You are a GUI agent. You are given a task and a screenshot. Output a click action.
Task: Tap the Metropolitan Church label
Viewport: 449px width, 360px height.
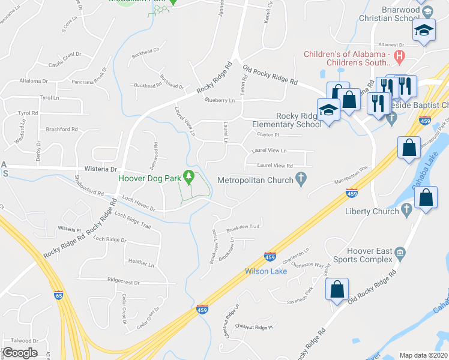tap(255, 179)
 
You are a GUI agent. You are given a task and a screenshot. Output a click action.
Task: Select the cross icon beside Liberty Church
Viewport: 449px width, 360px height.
tap(406, 210)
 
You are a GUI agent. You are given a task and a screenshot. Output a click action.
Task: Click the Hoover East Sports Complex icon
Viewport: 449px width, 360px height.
tap(401, 257)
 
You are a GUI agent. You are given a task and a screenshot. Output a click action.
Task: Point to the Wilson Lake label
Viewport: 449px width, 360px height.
tap(265, 271)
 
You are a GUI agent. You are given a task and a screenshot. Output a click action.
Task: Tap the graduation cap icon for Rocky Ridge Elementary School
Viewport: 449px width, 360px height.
tap(328, 110)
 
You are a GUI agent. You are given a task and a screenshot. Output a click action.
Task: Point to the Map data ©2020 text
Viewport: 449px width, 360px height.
tap(423, 355)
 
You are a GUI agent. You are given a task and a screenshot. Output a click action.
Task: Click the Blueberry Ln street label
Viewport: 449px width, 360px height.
tap(219, 101)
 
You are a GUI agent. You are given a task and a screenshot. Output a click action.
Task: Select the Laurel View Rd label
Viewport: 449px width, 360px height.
tap(274, 166)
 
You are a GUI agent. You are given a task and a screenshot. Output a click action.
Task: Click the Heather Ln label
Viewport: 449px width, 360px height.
tap(141, 262)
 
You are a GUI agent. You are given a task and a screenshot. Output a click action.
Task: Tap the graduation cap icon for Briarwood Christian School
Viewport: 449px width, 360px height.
tap(424, 31)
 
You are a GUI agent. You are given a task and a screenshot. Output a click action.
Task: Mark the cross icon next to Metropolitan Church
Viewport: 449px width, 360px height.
tap(302, 178)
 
